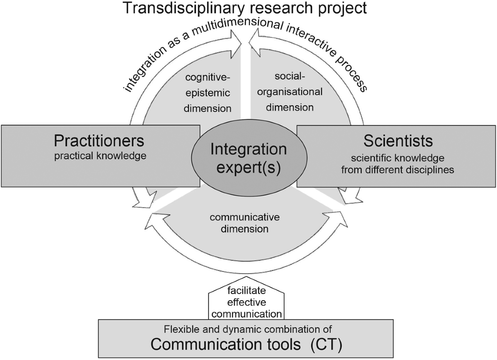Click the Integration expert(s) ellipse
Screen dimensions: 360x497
(x=248, y=158)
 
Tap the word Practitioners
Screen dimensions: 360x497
(x=99, y=141)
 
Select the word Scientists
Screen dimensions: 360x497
(x=398, y=141)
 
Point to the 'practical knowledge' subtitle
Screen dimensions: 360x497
(x=99, y=156)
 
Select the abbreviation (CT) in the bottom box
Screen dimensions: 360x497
(x=326, y=345)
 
